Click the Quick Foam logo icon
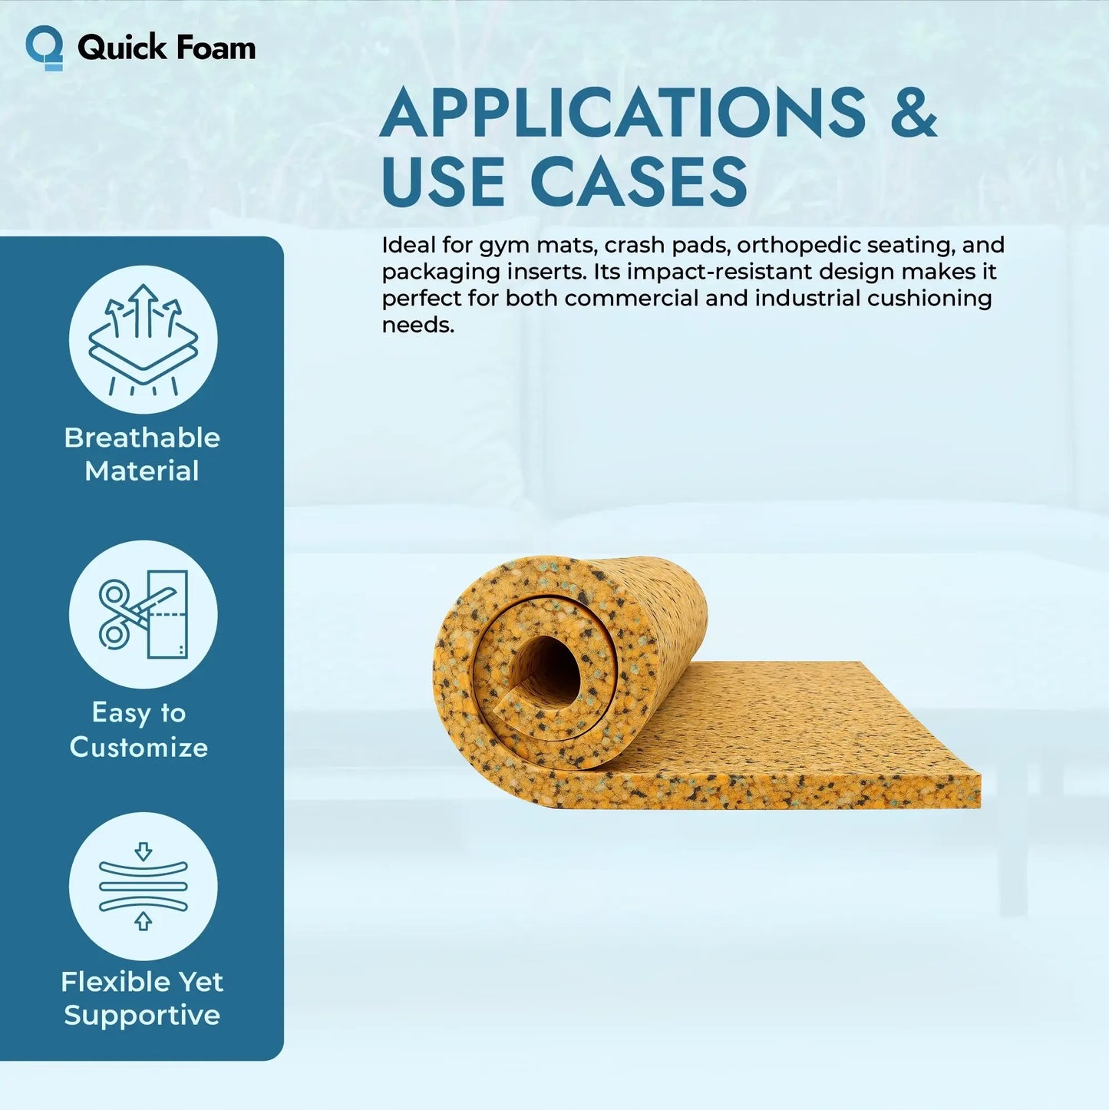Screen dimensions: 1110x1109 click(45, 48)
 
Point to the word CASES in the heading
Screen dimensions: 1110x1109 click(638, 182)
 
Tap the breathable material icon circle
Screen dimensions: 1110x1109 click(144, 339)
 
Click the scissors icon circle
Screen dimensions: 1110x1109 click(144, 614)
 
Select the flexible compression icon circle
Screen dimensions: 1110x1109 click(144, 887)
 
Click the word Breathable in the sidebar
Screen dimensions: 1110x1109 click(142, 438)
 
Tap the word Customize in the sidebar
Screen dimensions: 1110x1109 click(139, 747)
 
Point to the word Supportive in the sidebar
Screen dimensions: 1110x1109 click(142, 1015)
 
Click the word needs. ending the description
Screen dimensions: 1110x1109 click(418, 325)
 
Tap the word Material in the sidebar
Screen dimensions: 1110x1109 click(142, 471)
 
